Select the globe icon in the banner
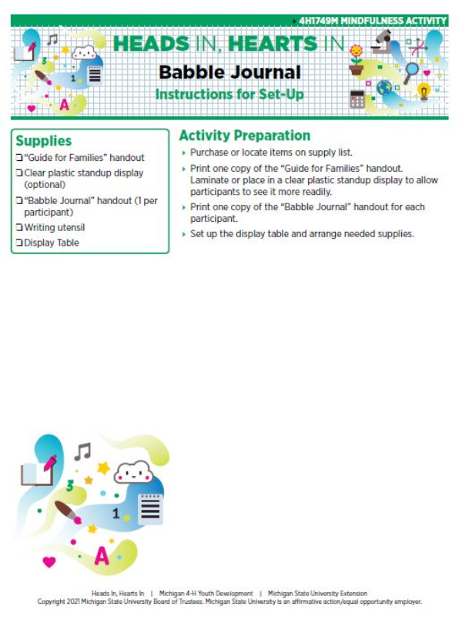pos(384,88)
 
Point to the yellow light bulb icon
pos(423,91)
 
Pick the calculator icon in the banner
pos(357,98)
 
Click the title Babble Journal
pos(229,73)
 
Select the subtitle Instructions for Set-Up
pos(229,95)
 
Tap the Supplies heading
pos(43,141)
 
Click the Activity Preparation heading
pos(244,136)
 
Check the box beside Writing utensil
pos(19,228)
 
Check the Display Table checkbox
pos(19,243)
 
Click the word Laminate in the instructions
pos(210,179)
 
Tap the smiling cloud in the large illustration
pos(133,471)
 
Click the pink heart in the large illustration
pos(49,561)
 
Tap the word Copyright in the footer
pos(56,602)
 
